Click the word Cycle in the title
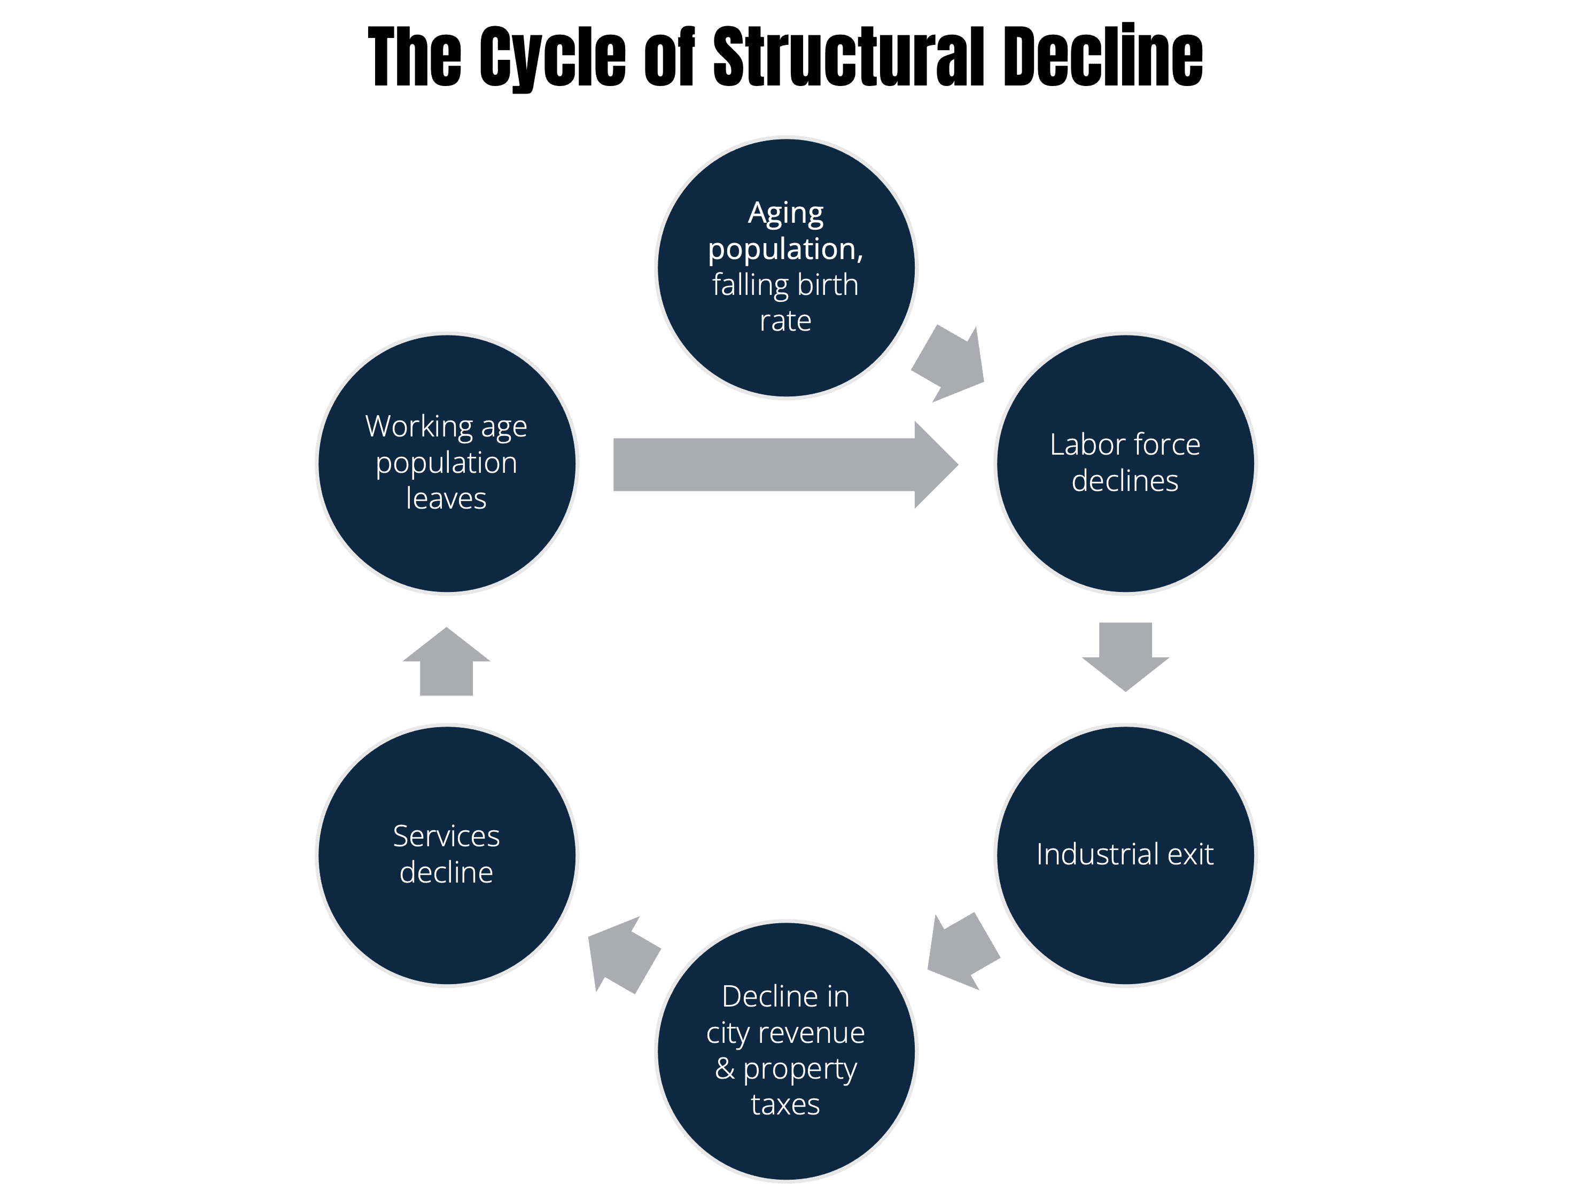[x=553, y=57]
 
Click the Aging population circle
[x=786, y=267]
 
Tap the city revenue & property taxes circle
[x=786, y=1051]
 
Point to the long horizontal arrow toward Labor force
[x=786, y=465]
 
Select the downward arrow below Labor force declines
[x=1126, y=657]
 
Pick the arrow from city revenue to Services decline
[x=624, y=955]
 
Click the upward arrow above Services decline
[x=446, y=661]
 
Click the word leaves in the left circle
[x=446, y=498]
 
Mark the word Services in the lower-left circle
[x=446, y=836]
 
